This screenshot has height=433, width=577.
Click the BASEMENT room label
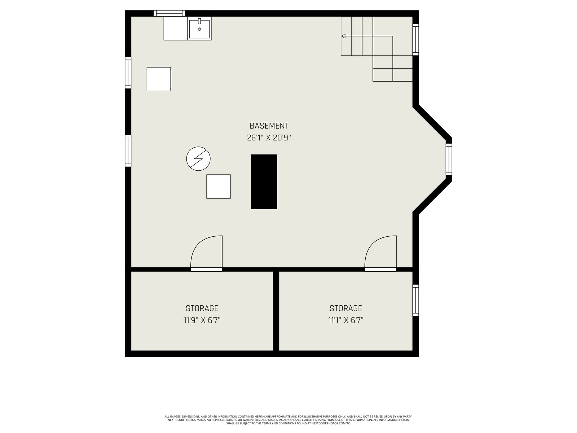(x=269, y=126)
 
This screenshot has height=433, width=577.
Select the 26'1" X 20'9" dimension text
(x=269, y=138)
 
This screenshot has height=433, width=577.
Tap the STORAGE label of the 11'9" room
(x=202, y=308)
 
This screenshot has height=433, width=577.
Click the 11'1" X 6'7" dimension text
(x=346, y=320)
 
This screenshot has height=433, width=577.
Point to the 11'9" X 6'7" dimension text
(x=202, y=320)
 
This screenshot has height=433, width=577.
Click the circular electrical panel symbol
(x=198, y=158)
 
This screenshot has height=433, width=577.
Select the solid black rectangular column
(x=264, y=181)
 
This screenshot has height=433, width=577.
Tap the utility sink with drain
(x=199, y=29)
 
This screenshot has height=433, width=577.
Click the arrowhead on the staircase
(x=343, y=36)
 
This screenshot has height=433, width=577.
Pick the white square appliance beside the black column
(x=219, y=187)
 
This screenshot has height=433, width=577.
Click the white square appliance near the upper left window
(x=159, y=79)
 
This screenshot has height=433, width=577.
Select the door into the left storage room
(x=206, y=253)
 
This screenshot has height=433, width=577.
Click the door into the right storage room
(x=380, y=253)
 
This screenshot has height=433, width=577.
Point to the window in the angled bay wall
(x=449, y=159)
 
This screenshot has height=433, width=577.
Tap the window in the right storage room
(x=415, y=300)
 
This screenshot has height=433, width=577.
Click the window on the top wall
(x=169, y=13)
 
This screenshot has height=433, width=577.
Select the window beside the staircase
(x=415, y=40)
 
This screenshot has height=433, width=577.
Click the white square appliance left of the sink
(x=176, y=29)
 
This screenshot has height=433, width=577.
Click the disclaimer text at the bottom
(x=288, y=420)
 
